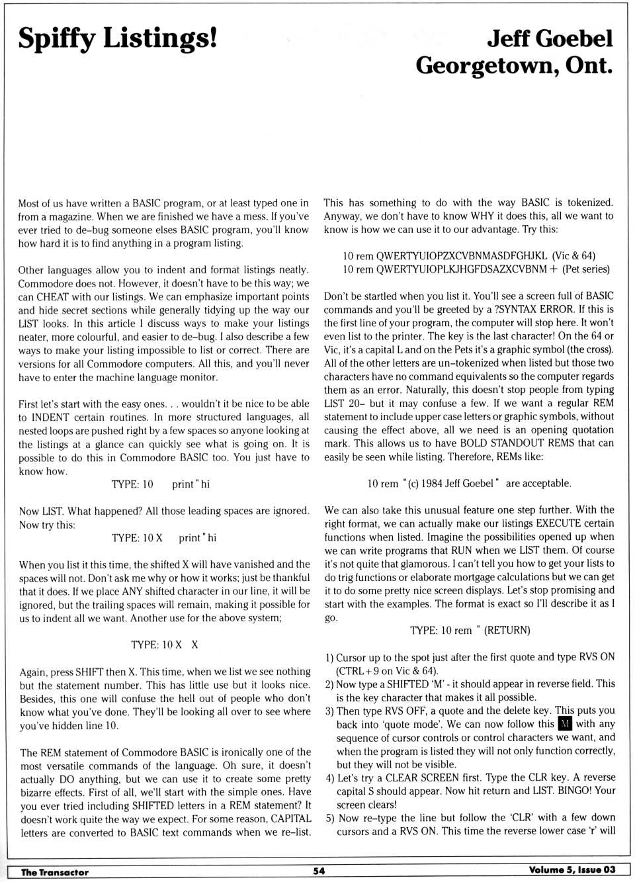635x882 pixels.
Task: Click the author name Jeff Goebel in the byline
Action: pyautogui.click(x=550, y=38)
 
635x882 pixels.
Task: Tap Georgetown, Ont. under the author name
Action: pyautogui.click(x=514, y=66)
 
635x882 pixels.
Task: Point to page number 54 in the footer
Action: pyautogui.click(x=319, y=871)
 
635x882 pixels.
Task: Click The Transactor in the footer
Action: pyautogui.click(x=55, y=872)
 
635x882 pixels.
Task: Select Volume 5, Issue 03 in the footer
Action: pyautogui.click(x=572, y=869)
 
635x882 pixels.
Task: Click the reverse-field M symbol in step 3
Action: pyautogui.click(x=564, y=724)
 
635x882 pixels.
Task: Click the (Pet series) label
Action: pyautogui.click(x=586, y=269)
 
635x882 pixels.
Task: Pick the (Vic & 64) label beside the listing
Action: pyautogui.click(x=574, y=256)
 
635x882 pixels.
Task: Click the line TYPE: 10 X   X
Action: pyautogui.click(x=165, y=644)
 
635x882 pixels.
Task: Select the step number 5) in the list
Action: pyautogui.click(x=329, y=818)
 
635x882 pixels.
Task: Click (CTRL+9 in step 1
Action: pyautogui.click(x=362, y=670)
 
